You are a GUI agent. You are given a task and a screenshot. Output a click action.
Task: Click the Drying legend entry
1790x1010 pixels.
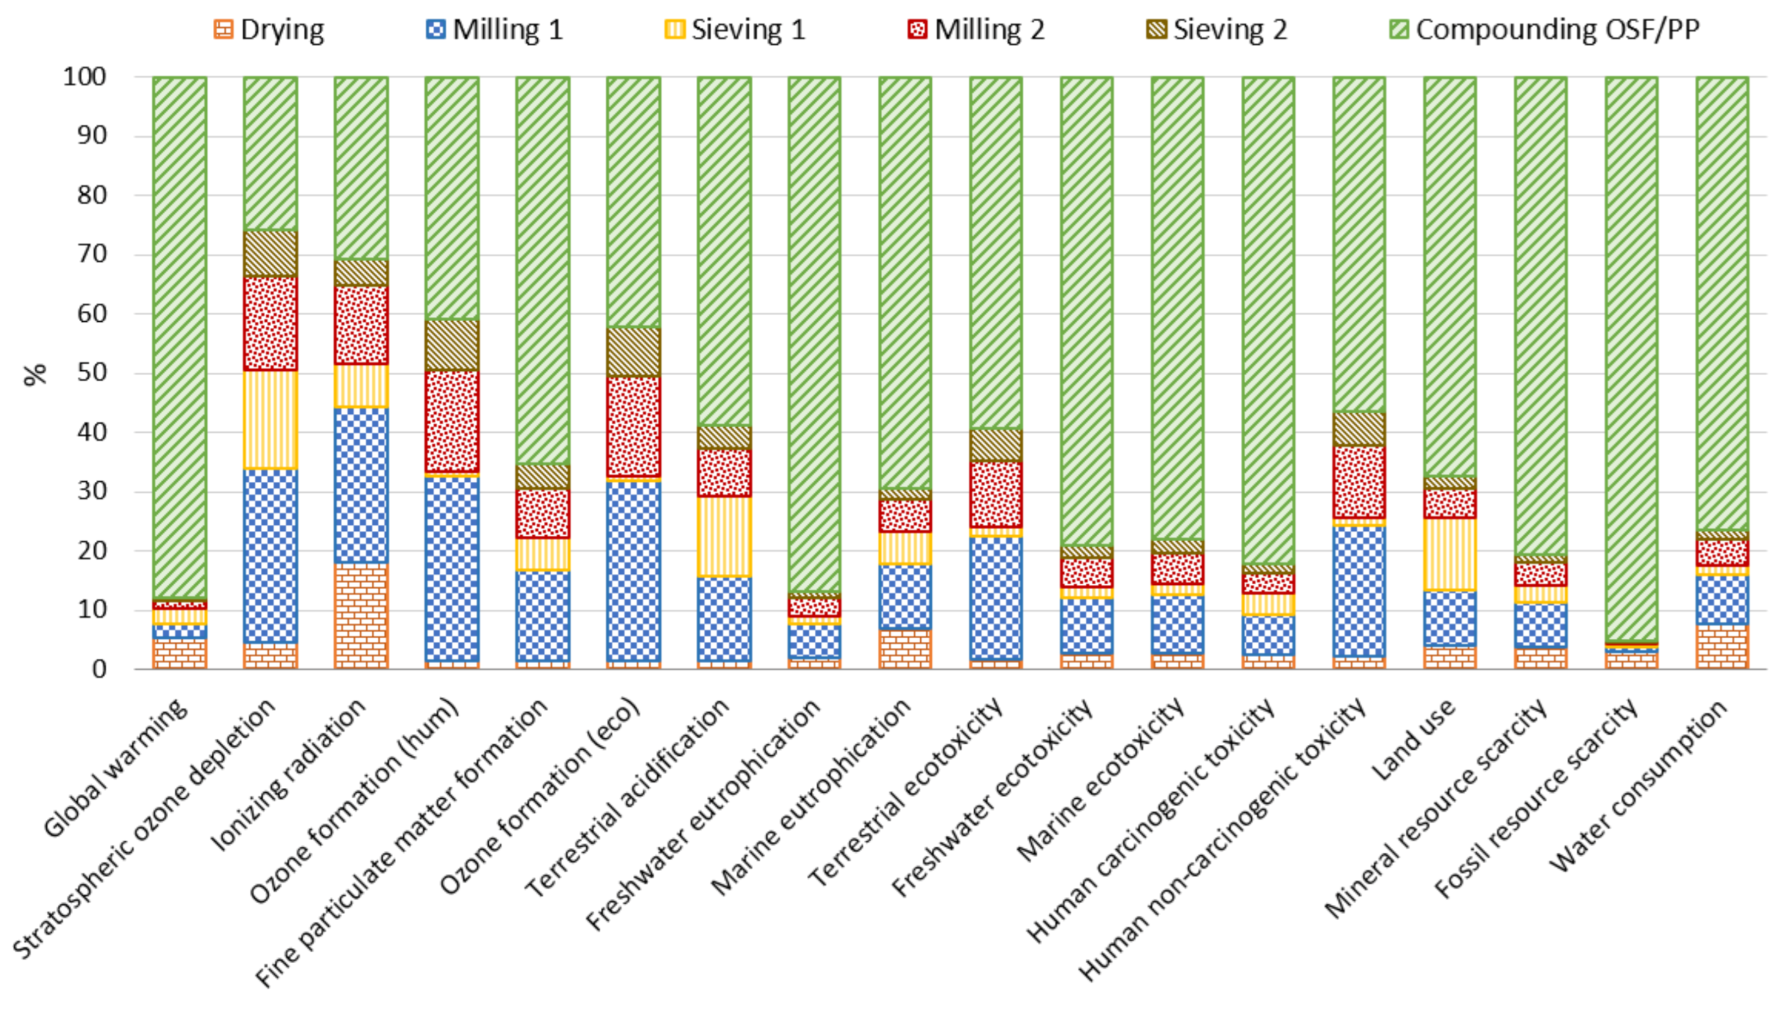(269, 30)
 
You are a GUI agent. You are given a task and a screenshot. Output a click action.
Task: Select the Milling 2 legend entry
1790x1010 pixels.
(976, 30)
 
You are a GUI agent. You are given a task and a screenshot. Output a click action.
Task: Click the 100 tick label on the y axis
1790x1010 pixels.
(85, 76)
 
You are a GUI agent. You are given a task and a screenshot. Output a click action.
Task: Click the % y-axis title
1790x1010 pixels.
(35, 374)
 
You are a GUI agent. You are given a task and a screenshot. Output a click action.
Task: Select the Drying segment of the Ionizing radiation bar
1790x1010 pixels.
(361, 616)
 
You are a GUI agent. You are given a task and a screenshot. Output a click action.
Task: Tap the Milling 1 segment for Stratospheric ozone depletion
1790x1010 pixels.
(270, 556)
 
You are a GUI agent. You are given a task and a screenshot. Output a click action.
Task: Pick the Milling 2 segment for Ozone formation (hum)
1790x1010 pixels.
(452, 421)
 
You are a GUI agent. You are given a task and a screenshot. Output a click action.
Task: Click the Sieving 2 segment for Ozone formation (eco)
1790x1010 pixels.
(633, 352)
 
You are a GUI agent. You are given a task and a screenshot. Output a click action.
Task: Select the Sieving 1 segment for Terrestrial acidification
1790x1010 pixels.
(724, 536)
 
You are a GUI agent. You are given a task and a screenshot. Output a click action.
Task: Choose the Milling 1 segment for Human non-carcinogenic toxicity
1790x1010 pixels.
(1358, 591)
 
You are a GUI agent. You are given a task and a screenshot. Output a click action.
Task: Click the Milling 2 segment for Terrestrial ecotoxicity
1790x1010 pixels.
(996, 494)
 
